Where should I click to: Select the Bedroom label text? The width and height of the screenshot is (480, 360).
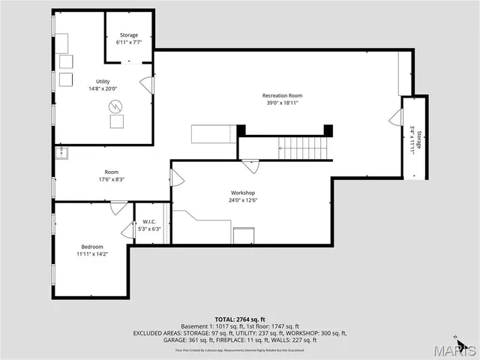(x=92, y=247)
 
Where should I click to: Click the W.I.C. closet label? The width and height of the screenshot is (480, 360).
(x=148, y=222)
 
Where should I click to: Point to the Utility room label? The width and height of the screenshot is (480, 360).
(x=103, y=81)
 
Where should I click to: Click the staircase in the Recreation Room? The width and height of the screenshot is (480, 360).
(x=304, y=148)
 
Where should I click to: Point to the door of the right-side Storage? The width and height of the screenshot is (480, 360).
(x=394, y=118)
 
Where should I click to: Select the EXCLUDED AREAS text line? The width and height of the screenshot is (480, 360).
(x=240, y=333)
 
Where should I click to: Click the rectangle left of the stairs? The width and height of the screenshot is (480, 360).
(x=214, y=134)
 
